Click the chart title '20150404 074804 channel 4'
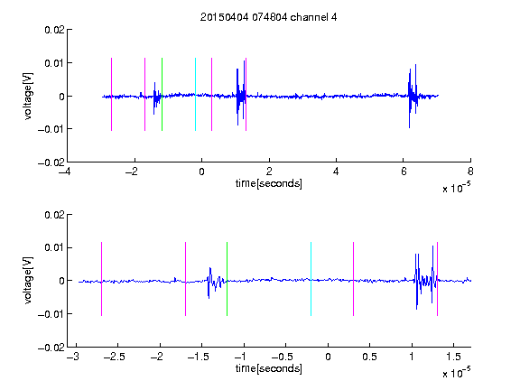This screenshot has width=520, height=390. coord(268,17)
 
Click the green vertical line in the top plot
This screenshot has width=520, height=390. coord(162,94)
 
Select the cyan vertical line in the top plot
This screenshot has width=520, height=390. coord(195,94)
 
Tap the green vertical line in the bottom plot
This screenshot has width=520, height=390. coord(227,279)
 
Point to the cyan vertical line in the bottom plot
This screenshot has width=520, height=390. coord(311,279)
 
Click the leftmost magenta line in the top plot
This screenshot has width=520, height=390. coord(111,94)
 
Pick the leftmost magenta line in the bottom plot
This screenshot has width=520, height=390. coord(101,279)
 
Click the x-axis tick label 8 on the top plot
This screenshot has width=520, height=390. coord(470,172)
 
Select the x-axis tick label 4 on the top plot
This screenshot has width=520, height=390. coord(336,172)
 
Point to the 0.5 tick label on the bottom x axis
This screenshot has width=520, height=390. coord(369,357)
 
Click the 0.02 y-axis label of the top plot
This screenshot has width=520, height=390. coord(54,30)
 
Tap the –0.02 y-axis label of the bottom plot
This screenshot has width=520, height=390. coord(51,348)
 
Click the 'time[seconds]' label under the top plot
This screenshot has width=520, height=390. coord(269,183)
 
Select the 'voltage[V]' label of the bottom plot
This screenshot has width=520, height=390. coord(28,280)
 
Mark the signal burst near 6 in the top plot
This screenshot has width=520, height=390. coord(413,96)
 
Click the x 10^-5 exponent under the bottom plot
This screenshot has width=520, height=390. coord(456,373)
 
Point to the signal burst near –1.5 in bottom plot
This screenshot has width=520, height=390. coord(215,283)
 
